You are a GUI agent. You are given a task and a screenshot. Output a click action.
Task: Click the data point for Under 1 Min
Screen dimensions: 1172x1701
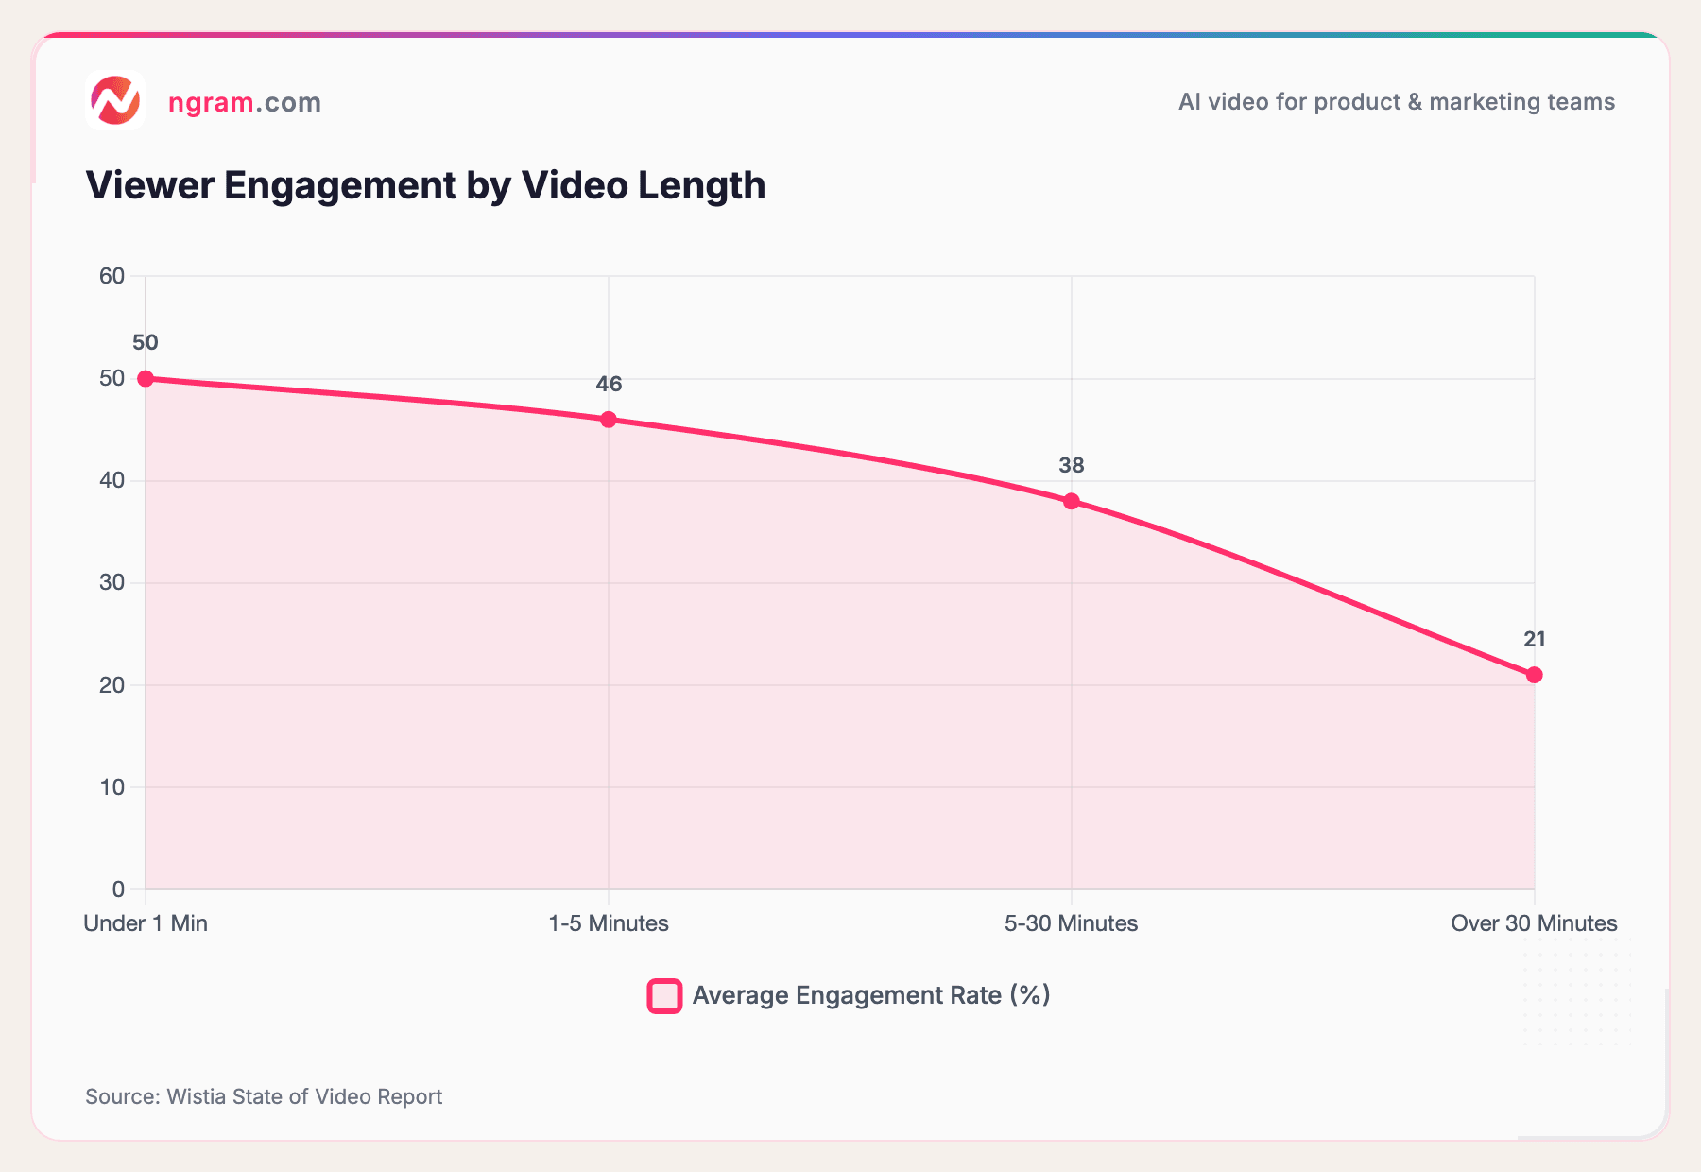(146, 378)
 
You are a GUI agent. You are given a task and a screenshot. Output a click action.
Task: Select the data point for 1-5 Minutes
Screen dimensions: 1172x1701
(609, 420)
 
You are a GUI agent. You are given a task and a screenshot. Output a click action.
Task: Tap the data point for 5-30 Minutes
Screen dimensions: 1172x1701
(1072, 501)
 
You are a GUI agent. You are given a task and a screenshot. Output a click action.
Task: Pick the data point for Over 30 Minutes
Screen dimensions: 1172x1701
(1535, 675)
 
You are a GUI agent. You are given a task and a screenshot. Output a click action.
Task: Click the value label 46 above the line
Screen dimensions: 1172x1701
(609, 384)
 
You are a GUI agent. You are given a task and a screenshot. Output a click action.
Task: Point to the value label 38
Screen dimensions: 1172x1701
(1072, 465)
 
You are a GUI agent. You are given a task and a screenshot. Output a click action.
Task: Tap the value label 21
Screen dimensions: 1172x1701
(1535, 640)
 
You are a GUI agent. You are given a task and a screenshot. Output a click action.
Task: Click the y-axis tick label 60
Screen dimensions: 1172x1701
(112, 276)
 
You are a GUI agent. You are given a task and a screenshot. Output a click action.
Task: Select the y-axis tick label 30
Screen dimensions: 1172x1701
(112, 582)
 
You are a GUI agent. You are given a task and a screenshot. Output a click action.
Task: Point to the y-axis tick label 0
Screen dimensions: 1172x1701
(118, 888)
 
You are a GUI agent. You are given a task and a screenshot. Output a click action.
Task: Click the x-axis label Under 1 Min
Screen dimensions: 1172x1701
(146, 923)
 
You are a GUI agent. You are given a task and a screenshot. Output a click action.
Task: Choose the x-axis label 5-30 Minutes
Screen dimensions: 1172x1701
(1072, 923)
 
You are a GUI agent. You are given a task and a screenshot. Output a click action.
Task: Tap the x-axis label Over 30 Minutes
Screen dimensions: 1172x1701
(1534, 923)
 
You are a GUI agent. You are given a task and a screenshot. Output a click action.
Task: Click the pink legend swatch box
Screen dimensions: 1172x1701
(664, 996)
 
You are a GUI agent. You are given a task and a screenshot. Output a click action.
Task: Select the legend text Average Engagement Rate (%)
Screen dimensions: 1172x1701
(871, 995)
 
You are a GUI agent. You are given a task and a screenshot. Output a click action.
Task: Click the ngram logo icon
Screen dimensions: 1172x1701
(115, 100)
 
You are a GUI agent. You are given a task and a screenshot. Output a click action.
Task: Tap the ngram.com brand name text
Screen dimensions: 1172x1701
(245, 102)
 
